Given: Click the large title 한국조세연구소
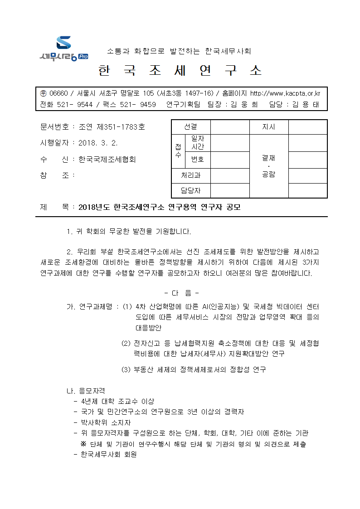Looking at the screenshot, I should click(x=180, y=71).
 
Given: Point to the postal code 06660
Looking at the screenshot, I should click(x=58, y=93).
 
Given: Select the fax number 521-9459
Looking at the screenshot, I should click(x=134, y=104).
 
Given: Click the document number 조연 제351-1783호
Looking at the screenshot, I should click(x=112, y=127).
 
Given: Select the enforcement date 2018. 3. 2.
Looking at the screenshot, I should click(x=98, y=143).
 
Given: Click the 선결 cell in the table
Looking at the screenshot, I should click(x=191, y=127).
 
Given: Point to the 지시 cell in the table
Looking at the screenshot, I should click(x=269, y=127).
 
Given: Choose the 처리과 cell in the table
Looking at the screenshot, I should click(x=191, y=175).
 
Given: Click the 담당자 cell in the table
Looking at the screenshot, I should click(x=191, y=191).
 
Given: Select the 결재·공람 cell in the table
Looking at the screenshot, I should click(x=269, y=166).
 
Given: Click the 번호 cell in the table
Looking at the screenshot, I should click(x=198, y=160).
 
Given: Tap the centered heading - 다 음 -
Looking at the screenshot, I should click(x=180, y=292).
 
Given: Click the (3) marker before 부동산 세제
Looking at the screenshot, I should click(x=126, y=369).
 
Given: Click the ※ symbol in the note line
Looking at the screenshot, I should click(x=83, y=444).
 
